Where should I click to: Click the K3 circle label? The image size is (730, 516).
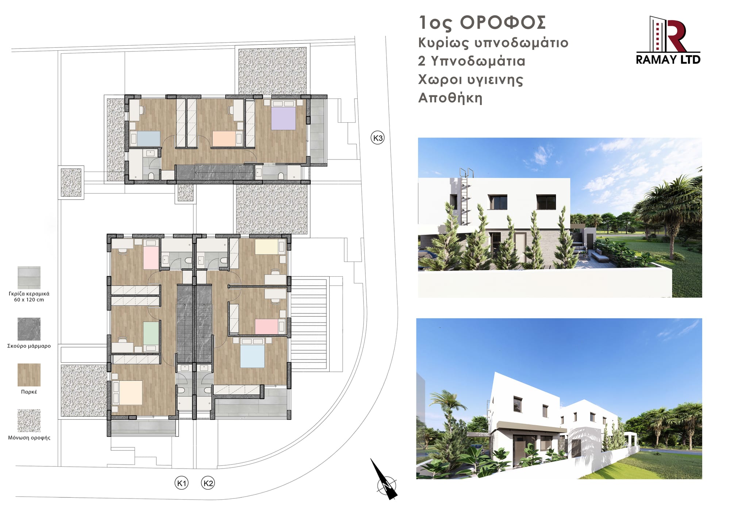[378, 138]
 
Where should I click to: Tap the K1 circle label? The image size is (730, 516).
[181, 483]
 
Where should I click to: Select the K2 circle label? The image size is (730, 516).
[208, 483]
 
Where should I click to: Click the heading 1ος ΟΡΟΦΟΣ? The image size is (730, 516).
[482, 23]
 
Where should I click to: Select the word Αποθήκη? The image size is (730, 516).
[450, 98]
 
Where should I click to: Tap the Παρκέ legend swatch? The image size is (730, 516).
[29, 375]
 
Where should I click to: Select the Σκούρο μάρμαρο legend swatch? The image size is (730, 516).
[29, 329]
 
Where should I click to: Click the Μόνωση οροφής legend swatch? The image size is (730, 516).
[29, 420]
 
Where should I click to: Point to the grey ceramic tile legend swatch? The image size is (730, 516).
[29, 278]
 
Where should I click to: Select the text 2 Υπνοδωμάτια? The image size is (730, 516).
[472, 61]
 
